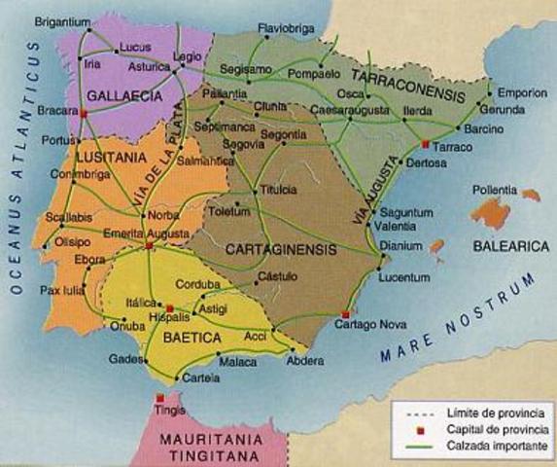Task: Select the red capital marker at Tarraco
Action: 425,144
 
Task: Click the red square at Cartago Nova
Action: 345,313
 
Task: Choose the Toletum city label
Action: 229,208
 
